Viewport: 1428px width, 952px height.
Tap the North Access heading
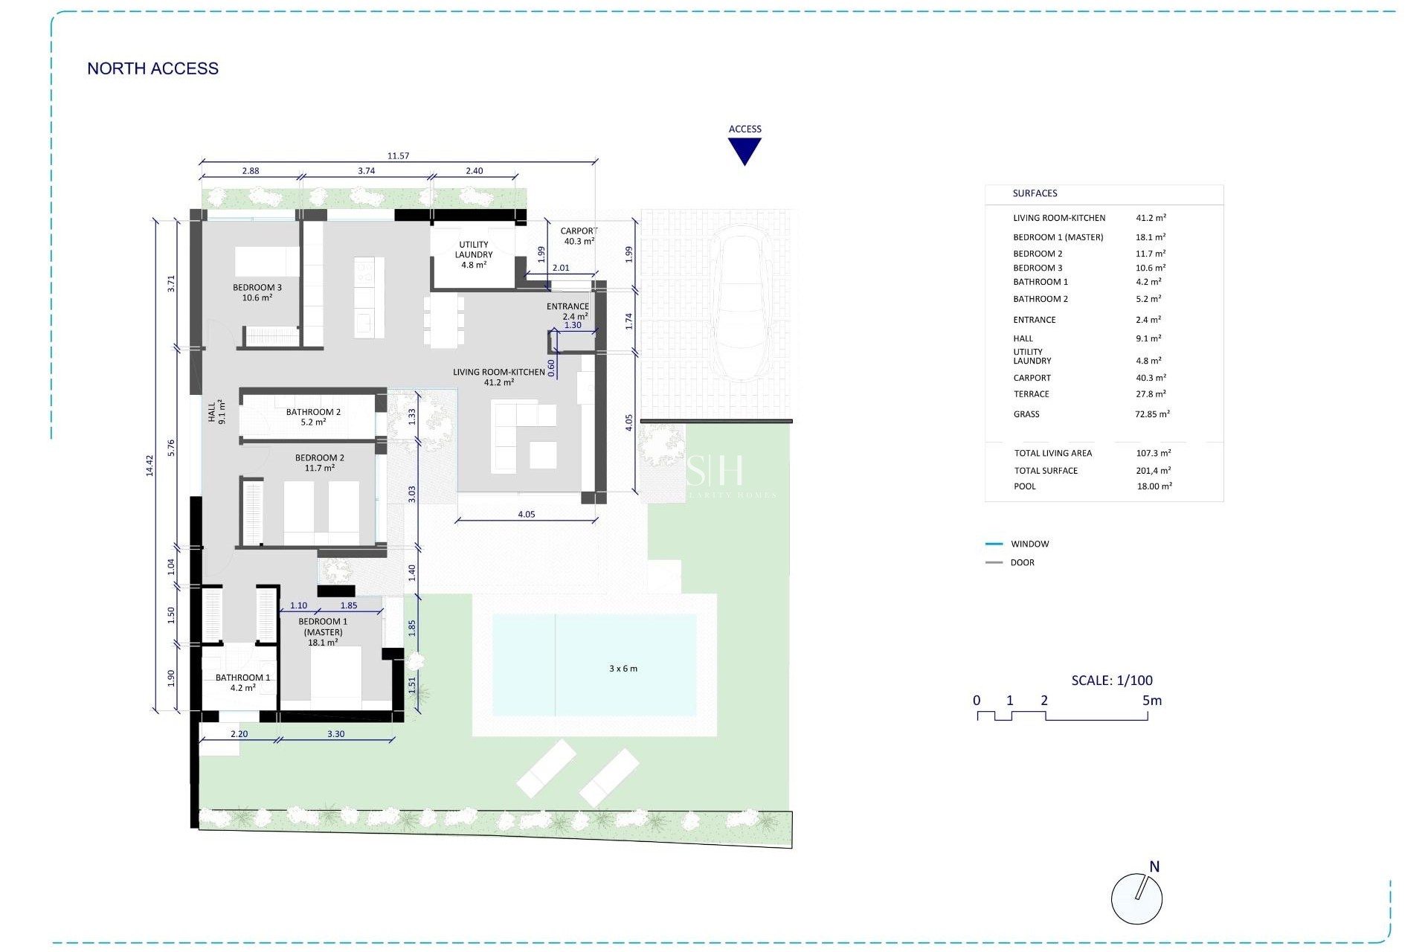[x=152, y=68]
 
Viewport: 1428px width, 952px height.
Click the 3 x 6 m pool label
[x=623, y=669]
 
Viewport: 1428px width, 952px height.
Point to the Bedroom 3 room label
[x=257, y=292]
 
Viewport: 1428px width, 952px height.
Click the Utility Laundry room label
[x=473, y=254]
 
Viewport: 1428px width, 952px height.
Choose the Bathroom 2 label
[x=313, y=416]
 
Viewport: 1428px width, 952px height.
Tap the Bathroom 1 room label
[x=242, y=682]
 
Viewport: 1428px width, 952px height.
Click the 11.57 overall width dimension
[x=398, y=156]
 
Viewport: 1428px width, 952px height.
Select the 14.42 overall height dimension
[x=149, y=466]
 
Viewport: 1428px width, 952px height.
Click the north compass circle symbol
[x=1136, y=899]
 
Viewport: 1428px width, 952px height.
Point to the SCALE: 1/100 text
[x=1111, y=680]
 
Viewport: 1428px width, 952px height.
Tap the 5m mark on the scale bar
[x=1151, y=701]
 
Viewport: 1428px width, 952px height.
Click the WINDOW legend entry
[x=1029, y=544]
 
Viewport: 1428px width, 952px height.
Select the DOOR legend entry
[x=1022, y=563]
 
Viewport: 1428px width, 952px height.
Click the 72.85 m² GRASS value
[x=1152, y=414]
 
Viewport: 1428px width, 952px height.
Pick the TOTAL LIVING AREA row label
[x=1052, y=453]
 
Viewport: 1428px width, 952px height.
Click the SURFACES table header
[x=1035, y=193]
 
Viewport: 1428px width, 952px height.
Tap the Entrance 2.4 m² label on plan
[x=568, y=311]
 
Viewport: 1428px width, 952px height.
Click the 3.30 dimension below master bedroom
[x=335, y=734]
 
